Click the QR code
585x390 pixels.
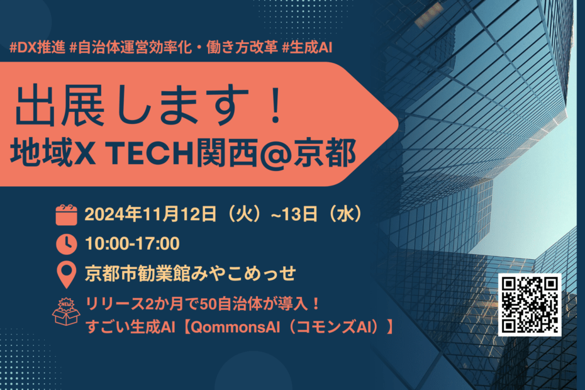click(x=530, y=305)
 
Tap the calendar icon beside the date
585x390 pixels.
click(x=67, y=215)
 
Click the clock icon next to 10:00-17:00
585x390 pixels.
click(x=67, y=244)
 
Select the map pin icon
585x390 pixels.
click(x=67, y=275)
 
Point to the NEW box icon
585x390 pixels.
click(x=66, y=311)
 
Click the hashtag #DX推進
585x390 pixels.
click(x=37, y=48)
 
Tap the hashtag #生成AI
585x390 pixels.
click(x=307, y=48)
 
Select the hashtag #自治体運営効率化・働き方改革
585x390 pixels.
click(x=174, y=48)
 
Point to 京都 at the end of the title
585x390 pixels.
click(x=324, y=153)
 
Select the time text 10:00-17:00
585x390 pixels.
click(x=133, y=243)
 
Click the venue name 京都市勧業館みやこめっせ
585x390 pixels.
click(x=190, y=274)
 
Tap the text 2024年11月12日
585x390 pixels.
click(x=150, y=214)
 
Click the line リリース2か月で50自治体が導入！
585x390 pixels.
click(x=203, y=304)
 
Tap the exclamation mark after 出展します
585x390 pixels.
click(x=276, y=105)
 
